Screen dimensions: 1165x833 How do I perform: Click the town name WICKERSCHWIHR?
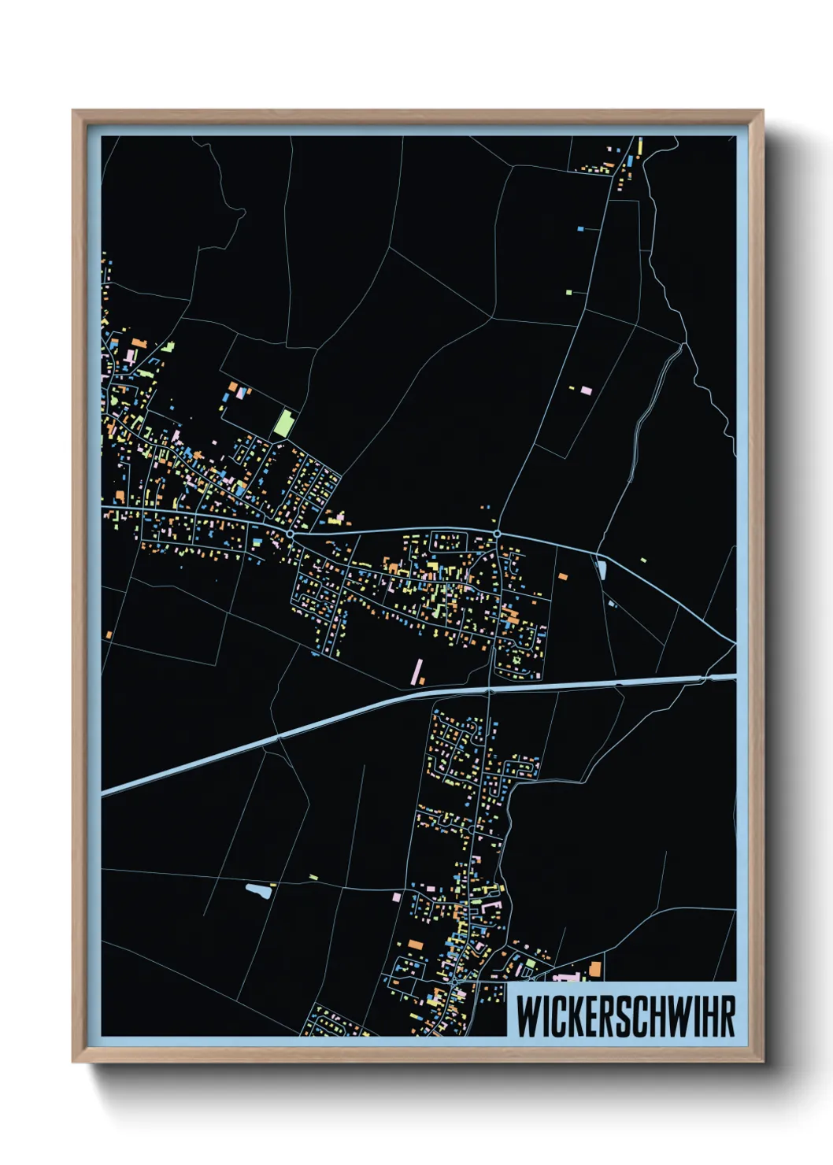click(625, 1016)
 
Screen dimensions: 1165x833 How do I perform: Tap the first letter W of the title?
click(525, 1016)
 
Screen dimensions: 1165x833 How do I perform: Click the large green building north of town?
click(283, 423)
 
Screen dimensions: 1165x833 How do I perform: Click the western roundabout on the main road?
click(291, 534)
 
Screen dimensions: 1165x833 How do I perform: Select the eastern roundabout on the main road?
click(498, 534)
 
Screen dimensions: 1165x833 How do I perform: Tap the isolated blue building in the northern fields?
click(580, 228)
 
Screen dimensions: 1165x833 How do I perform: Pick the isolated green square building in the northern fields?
click(568, 292)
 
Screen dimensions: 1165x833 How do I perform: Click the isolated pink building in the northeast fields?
click(586, 390)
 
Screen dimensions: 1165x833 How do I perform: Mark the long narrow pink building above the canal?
click(416, 670)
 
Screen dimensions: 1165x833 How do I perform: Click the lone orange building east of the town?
click(562, 577)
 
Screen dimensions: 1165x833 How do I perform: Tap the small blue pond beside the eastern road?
click(602, 569)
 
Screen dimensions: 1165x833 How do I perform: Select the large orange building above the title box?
click(595, 969)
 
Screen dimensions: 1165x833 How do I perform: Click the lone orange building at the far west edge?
click(109, 635)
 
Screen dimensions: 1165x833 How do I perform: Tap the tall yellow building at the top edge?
click(640, 146)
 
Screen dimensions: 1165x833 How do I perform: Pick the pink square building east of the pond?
click(397, 897)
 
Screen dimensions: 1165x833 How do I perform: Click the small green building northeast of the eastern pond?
click(643, 560)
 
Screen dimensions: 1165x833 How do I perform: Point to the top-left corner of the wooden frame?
click(75, 113)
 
